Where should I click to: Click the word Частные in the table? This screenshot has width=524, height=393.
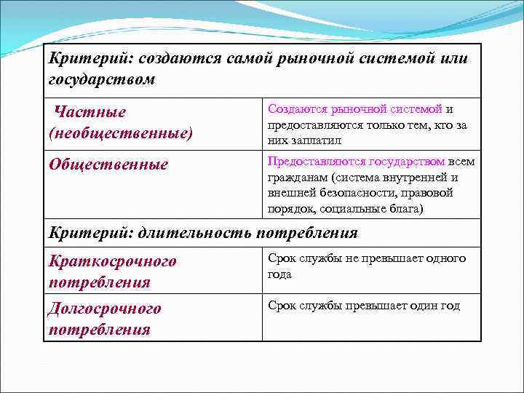click(91, 112)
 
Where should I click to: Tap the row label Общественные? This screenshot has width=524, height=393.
click(108, 164)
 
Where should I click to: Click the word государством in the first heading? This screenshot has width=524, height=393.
click(102, 79)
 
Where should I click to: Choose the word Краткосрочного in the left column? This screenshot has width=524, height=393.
click(113, 261)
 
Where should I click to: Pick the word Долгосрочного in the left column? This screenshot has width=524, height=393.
click(106, 308)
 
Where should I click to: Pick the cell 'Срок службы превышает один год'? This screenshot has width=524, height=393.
click(364, 306)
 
